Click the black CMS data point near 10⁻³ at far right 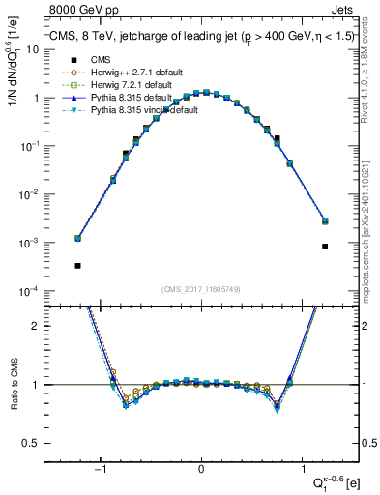326,247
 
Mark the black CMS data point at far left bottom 77,265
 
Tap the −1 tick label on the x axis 101,469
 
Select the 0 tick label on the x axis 201,469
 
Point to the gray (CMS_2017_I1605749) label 201,289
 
